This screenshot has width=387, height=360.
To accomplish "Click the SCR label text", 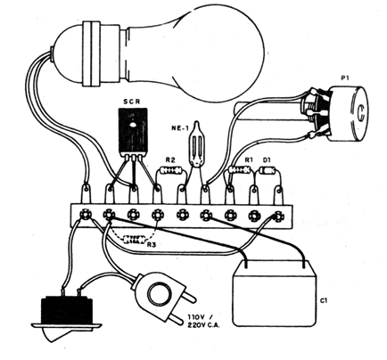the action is tap(132, 102).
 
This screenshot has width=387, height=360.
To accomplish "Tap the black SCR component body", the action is tap(133, 131).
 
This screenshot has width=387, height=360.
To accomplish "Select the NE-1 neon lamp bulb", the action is tap(196, 143).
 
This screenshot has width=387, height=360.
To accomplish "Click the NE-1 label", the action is tap(179, 128).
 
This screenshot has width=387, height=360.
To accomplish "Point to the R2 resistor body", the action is tap(170, 170).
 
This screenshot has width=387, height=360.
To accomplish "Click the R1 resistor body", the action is tap(240, 169).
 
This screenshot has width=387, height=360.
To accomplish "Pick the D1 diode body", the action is tap(268, 170).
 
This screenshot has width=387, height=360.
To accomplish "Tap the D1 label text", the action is tap(267, 160).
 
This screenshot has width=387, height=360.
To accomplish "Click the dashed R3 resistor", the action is tap(135, 239).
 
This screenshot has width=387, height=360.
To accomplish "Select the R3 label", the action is tap(152, 244).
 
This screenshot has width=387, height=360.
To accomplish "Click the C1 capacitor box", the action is tap(275, 293).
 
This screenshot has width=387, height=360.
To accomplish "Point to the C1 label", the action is tap(324, 301).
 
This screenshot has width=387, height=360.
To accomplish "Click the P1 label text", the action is tap(345, 78).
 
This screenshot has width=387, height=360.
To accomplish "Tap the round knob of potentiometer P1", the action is tap(350, 113).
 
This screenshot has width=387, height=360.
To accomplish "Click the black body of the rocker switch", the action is tap(67, 309).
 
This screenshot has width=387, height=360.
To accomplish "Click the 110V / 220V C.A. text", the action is tap(202, 321).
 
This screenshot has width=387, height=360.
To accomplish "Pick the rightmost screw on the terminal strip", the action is tap(277, 216).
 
